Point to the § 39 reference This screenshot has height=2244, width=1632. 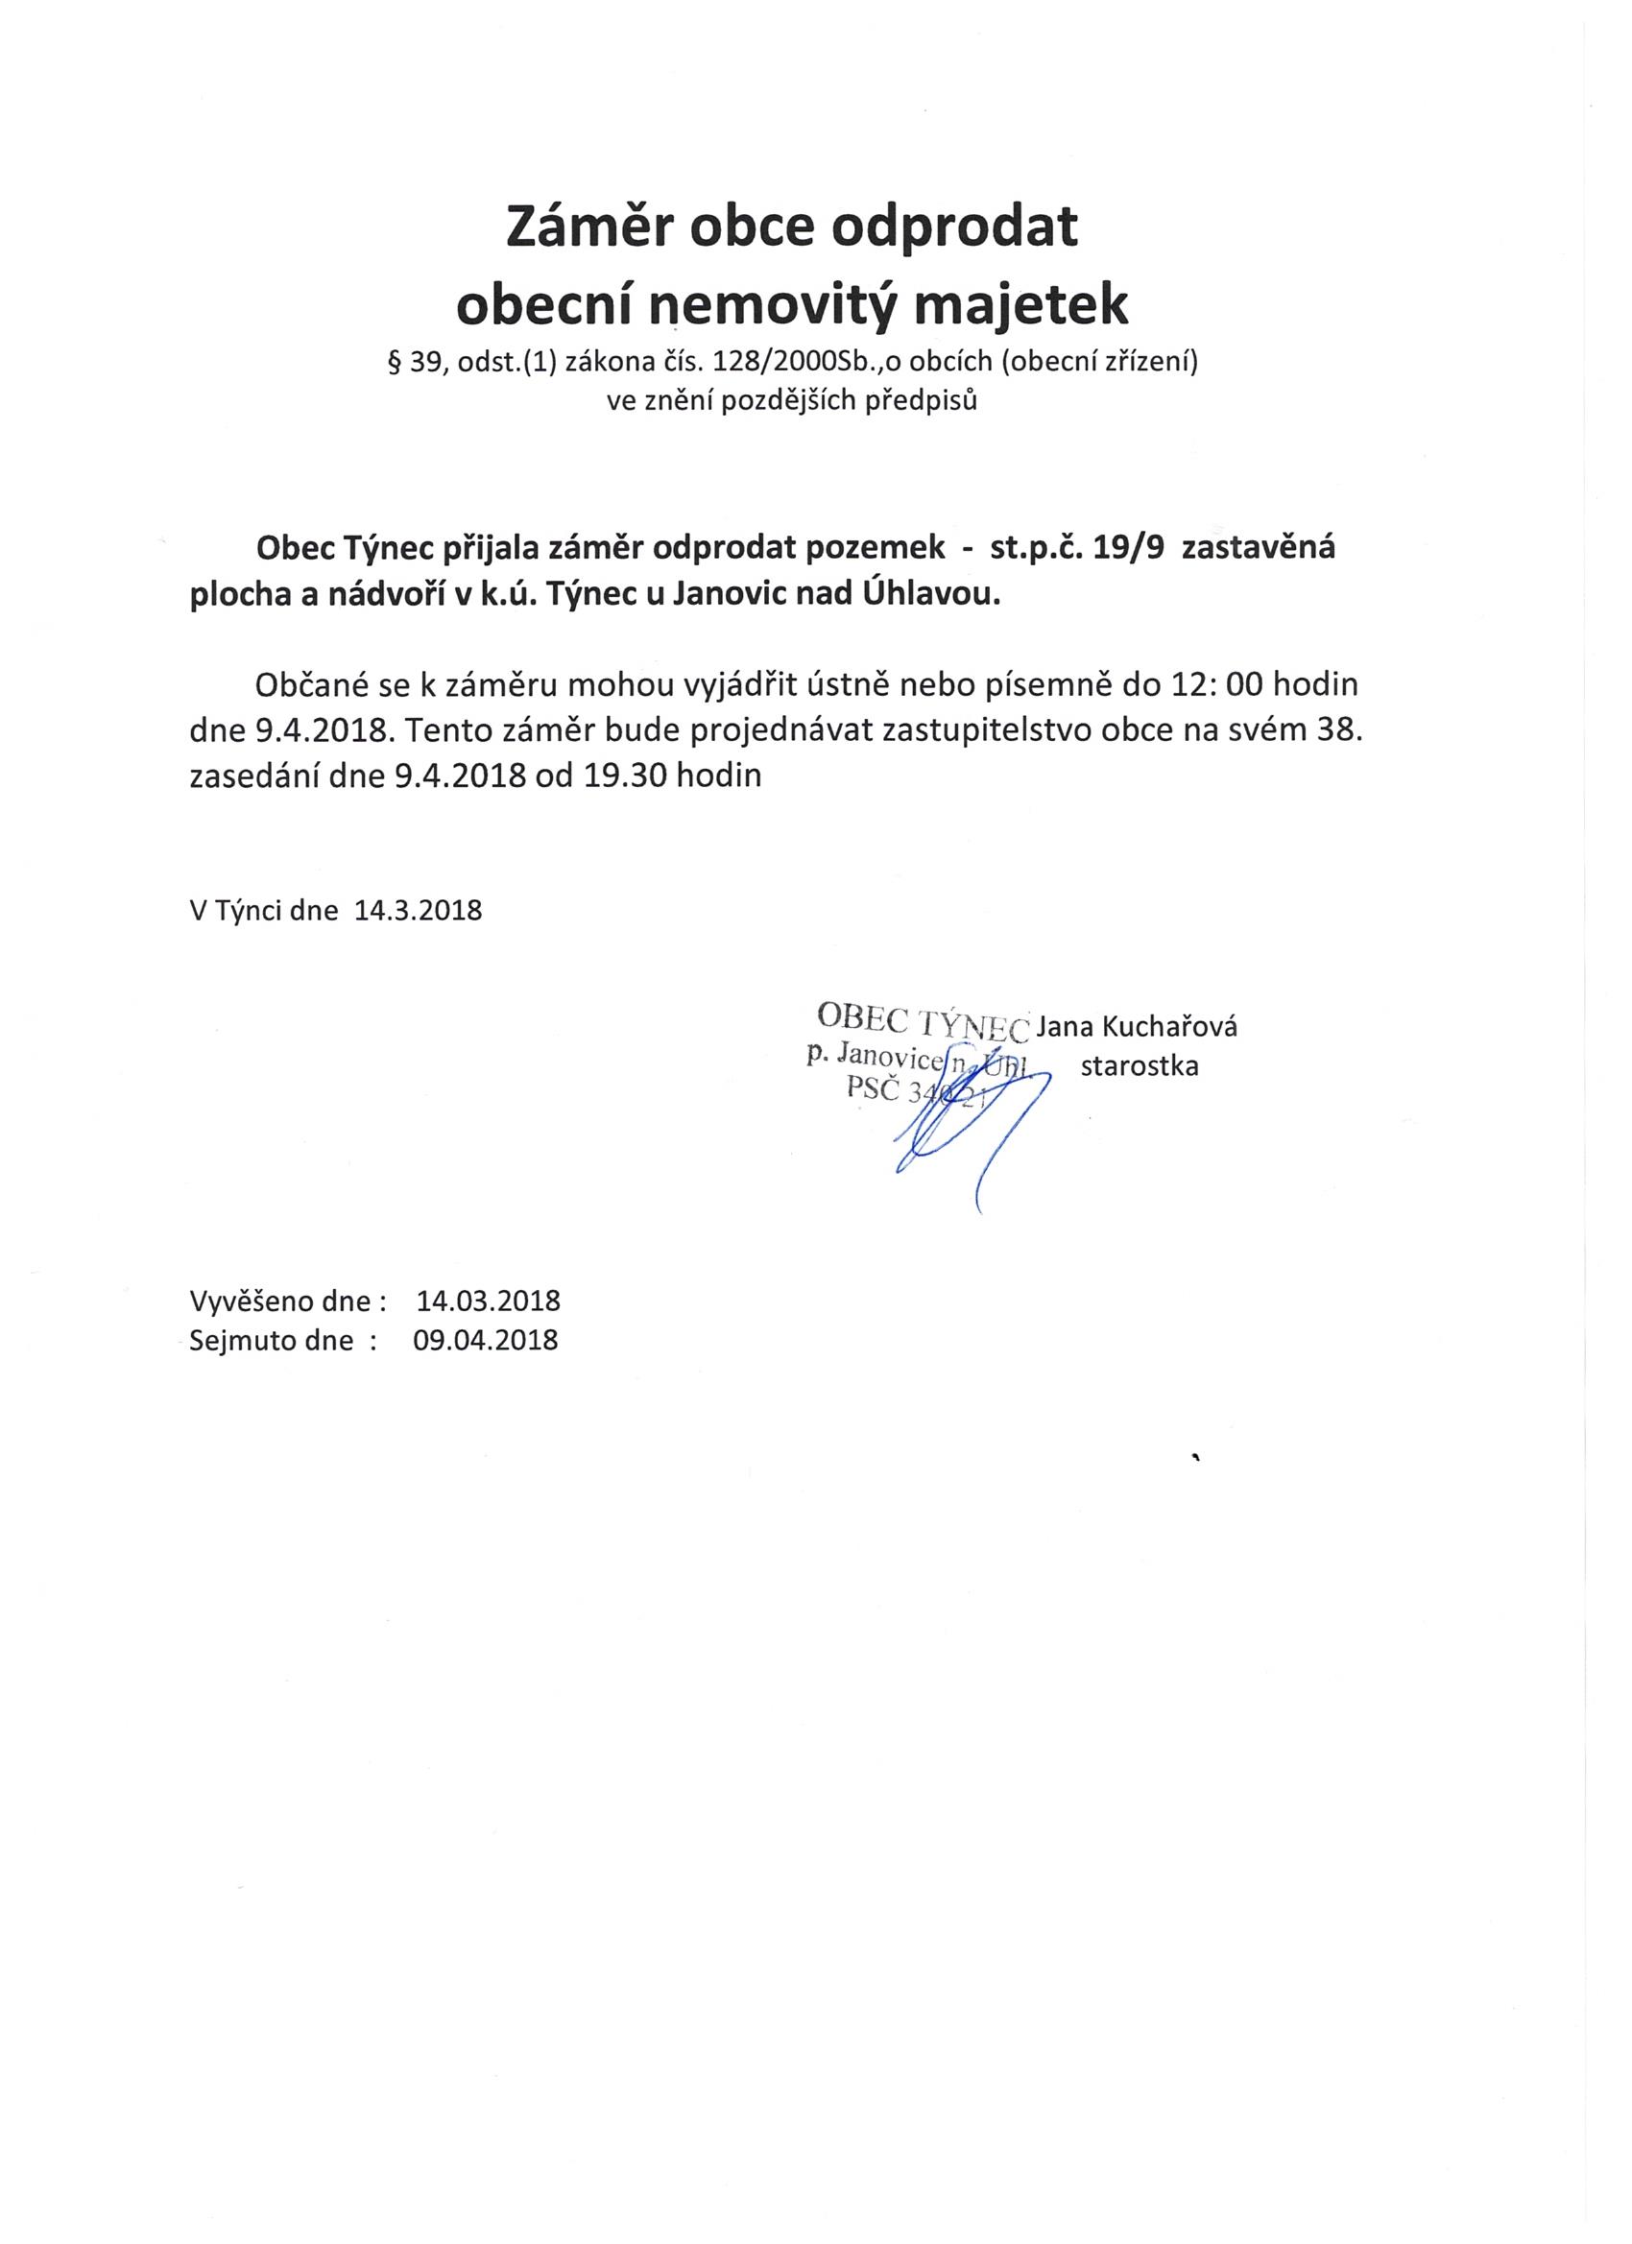click(418, 363)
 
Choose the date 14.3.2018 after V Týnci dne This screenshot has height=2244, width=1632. click(418, 910)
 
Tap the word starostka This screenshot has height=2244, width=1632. click(1140, 1065)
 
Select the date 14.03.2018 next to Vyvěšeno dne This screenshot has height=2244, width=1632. click(489, 1301)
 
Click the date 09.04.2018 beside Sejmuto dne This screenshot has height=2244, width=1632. click(486, 1340)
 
